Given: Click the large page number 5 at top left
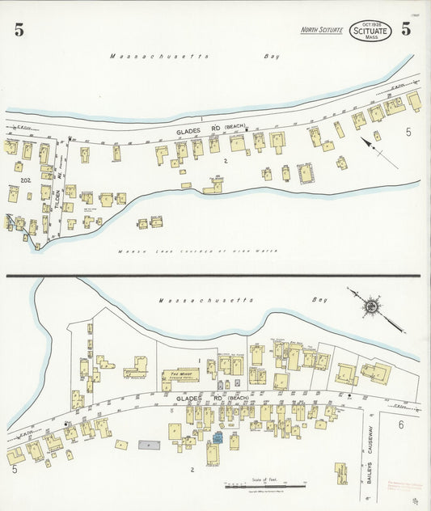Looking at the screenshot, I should coord(19,32).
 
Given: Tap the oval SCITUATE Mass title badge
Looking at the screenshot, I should coord(371,32).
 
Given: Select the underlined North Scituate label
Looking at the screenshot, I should coord(322,30).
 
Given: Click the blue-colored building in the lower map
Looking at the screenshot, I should coord(218,437).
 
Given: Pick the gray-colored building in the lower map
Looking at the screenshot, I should coord(149,445).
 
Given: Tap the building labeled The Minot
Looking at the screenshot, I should coord(180,375).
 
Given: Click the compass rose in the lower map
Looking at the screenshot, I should coord(372,306).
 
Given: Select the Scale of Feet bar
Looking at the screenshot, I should coord(256,487).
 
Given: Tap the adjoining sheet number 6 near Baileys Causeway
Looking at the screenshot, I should coord(399,424).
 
